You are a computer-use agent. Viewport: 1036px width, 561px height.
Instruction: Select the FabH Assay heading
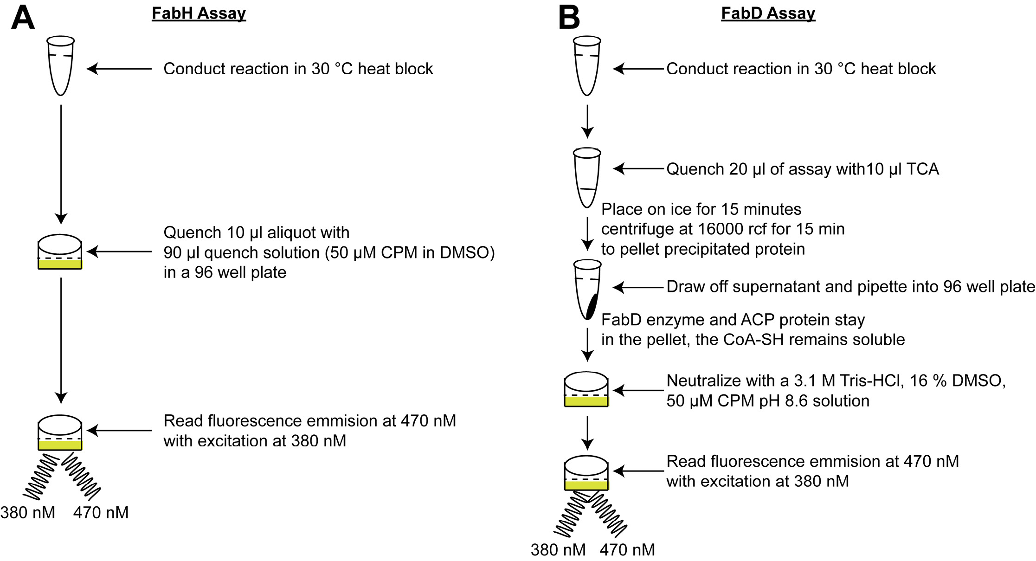[x=199, y=13]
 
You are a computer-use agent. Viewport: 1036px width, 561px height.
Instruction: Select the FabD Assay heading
[x=768, y=13]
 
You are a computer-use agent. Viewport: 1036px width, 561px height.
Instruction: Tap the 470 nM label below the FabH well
[x=101, y=513]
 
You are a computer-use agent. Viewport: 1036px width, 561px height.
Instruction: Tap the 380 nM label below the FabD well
[x=558, y=550]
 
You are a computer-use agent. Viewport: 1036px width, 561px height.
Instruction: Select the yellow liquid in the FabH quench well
[x=60, y=264]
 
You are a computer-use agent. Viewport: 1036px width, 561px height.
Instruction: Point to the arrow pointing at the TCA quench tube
[x=638, y=169]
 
